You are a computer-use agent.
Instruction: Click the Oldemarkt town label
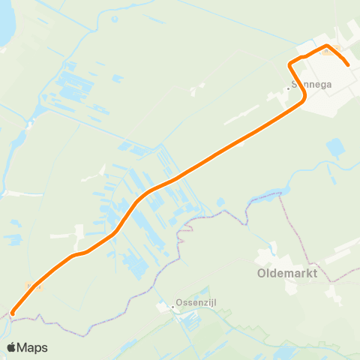tap(287, 273)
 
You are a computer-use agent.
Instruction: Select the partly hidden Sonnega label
tap(311, 86)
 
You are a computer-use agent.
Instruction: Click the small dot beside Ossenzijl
tap(172, 306)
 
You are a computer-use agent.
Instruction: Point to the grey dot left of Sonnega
tap(288, 88)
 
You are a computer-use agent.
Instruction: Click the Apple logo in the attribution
tap(12, 347)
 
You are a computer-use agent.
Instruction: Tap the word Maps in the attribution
tap(32, 347)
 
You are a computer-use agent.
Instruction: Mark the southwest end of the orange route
tap(13, 313)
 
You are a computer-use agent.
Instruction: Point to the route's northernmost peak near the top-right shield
tap(326, 46)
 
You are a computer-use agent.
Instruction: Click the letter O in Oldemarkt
tap(262, 273)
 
